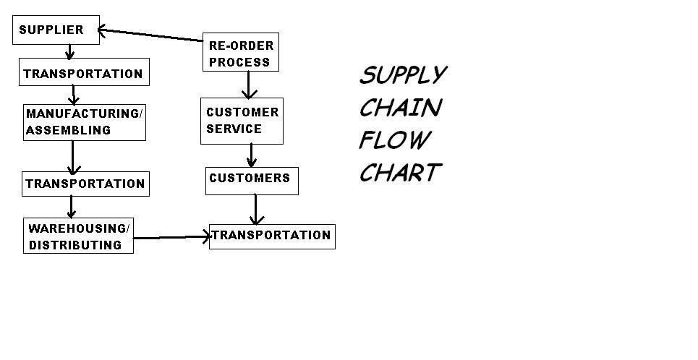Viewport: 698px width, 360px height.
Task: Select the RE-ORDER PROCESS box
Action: [241, 53]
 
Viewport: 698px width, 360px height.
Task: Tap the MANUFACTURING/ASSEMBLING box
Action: [84, 121]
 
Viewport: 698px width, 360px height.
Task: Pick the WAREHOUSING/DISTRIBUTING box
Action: [78, 236]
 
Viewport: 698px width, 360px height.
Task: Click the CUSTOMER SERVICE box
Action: [242, 121]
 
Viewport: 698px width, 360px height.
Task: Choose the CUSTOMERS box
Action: [251, 179]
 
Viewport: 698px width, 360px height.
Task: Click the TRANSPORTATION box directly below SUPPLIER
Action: [83, 73]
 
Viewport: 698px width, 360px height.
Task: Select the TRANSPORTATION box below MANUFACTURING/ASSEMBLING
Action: [85, 184]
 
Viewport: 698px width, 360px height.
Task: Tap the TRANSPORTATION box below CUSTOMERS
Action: [271, 236]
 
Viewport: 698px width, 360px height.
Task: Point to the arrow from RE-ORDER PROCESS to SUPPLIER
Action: [150, 35]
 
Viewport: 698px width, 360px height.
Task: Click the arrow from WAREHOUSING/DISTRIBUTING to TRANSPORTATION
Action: [172, 237]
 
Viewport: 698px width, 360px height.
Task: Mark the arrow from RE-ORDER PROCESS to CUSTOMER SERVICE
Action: [248, 85]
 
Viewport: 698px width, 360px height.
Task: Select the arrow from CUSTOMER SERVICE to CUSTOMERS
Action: [251, 155]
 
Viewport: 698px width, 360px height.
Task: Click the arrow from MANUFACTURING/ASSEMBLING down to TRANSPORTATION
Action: [72, 156]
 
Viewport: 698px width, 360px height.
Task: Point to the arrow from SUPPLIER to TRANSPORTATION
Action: [69, 52]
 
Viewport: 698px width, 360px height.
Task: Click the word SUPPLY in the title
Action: [403, 75]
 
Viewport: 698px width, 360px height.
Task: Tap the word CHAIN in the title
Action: [400, 108]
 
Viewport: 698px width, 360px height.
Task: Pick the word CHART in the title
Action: [399, 172]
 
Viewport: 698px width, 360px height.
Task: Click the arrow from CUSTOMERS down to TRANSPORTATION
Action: [255, 210]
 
